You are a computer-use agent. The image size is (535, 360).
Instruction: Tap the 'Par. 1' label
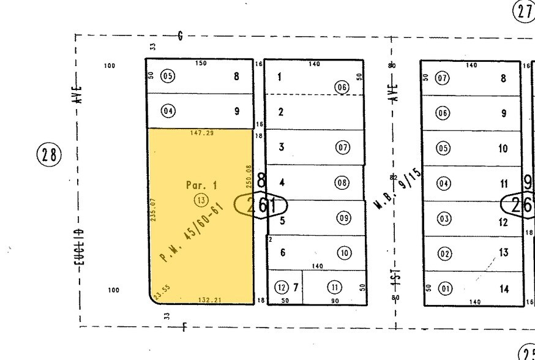[x=201, y=185]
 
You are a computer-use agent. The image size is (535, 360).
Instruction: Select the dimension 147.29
[x=201, y=133]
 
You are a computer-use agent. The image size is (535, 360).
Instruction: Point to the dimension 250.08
[x=249, y=176]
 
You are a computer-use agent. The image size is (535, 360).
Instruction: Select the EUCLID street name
[x=80, y=252]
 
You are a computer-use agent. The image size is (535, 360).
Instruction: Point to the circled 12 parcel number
[x=281, y=288]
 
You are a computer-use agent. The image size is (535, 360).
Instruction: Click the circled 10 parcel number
[x=343, y=253]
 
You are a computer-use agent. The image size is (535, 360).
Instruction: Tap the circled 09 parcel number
[x=343, y=218]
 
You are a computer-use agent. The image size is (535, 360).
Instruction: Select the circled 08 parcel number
[x=342, y=182]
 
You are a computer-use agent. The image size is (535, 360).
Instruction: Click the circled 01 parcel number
[x=444, y=288]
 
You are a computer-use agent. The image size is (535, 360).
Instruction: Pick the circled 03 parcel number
[x=444, y=219]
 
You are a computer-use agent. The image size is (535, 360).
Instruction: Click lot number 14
[x=504, y=289]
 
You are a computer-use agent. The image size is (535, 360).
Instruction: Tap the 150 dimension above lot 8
[x=201, y=64]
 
